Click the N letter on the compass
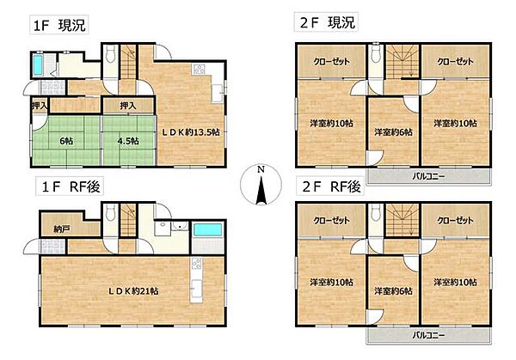pyautogui.click(x=261, y=169)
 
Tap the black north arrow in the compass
pyautogui.click(x=261, y=190)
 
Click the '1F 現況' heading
pyautogui.click(x=59, y=25)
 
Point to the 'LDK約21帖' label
pyautogui.click(x=133, y=291)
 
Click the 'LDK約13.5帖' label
pyautogui.click(x=190, y=132)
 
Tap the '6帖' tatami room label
pyautogui.click(x=66, y=141)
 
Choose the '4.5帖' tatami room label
pyautogui.click(x=128, y=141)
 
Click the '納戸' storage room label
pyautogui.click(x=62, y=229)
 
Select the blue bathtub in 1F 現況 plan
pyautogui.click(x=38, y=64)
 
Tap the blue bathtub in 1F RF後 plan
pyautogui.click(x=207, y=229)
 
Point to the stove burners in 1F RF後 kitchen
pyautogui.click(x=197, y=264)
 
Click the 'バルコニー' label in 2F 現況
pyautogui.click(x=429, y=176)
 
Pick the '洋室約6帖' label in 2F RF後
pyautogui.click(x=393, y=291)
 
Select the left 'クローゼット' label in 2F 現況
pyautogui.click(x=331, y=62)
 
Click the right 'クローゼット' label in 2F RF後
pyautogui.click(x=455, y=220)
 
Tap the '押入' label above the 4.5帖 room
pyautogui.click(x=128, y=106)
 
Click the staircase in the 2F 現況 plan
pyautogui.click(x=402, y=62)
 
